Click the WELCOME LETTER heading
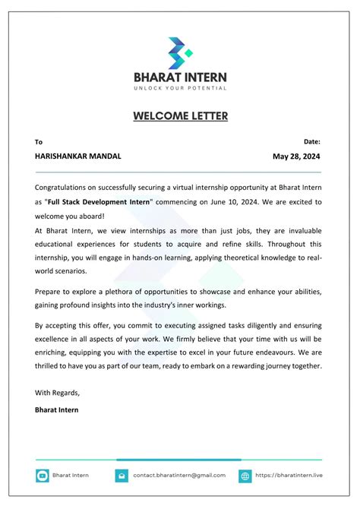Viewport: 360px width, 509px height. point(180,116)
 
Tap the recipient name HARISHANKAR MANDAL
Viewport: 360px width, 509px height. point(77,156)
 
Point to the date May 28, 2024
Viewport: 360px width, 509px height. point(296,156)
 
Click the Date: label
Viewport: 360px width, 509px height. point(311,141)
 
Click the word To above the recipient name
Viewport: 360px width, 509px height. point(39,142)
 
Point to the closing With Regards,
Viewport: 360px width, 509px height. point(57,393)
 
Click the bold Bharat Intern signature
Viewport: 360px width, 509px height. point(56,409)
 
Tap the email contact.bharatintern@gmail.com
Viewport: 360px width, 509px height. point(179,476)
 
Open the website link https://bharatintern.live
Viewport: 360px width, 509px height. point(289,476)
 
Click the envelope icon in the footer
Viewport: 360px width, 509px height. point(122,476)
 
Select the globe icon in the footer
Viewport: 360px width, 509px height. point(245,476)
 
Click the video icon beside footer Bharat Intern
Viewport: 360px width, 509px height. point(43,476)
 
